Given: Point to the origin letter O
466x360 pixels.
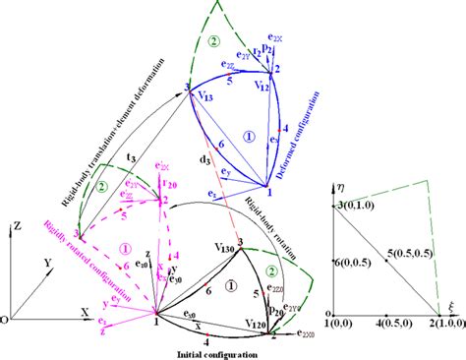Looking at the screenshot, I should pyautogui.click(x=8, y=320).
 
